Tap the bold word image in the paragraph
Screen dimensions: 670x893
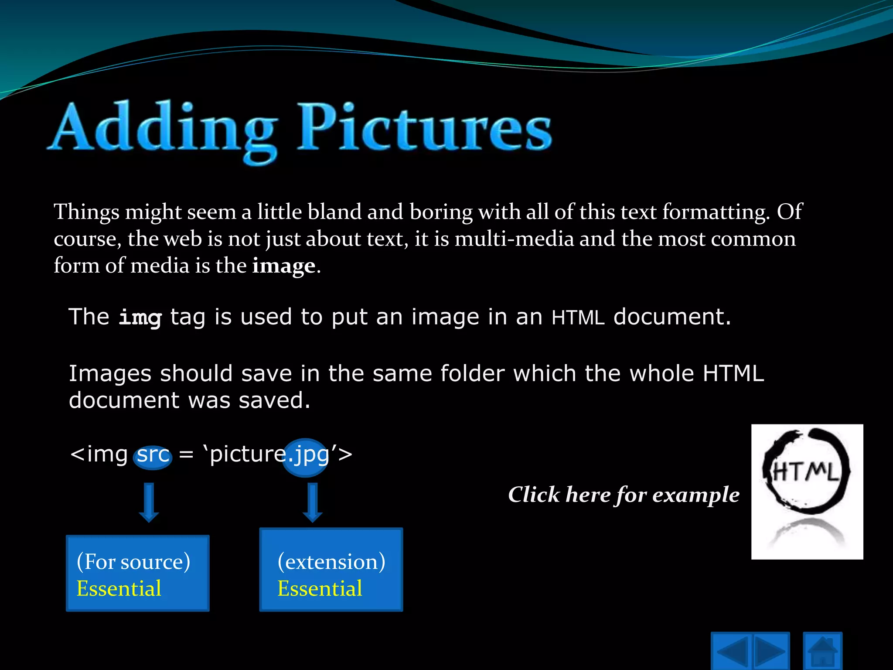284,266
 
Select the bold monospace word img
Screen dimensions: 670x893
140,317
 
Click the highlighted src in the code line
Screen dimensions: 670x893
153,455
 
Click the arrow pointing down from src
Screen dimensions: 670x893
149,502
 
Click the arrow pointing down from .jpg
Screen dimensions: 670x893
313,502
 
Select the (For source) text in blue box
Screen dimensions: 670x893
133,561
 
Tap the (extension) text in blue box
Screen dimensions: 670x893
331,561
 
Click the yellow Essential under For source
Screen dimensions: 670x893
119,588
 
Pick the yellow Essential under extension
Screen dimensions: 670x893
320,588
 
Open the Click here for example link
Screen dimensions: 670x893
624,495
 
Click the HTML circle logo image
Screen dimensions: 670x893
807,492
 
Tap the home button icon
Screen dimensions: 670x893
822,653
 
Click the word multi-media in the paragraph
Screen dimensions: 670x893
514,239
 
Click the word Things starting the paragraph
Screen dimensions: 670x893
86,212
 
